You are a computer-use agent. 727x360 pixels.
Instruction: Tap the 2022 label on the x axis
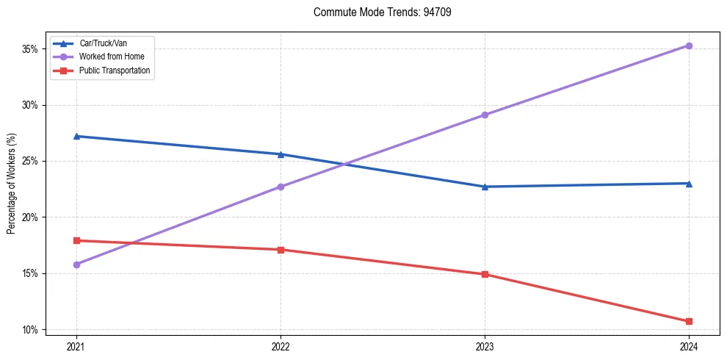coord(281,345)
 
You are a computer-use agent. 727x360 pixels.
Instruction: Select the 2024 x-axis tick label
coord(689,345)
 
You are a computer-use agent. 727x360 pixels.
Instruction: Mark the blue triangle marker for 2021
coord(76,136)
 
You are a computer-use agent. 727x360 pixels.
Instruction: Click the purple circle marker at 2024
coord(689,46)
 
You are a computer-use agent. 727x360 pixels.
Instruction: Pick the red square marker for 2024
coord(689,321)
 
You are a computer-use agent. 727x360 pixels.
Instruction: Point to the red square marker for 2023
coord(485,274)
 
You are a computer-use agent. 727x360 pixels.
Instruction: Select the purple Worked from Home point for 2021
coord(76,264)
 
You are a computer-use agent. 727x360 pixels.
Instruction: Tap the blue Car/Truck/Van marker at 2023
coord(485,187)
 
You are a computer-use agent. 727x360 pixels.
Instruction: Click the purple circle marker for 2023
coord(485,115)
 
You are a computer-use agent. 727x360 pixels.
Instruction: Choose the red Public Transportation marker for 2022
coord(281,250)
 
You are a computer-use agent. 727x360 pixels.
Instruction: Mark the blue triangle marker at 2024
coord(689,183)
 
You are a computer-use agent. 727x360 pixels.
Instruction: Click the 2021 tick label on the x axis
coord(76,345)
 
